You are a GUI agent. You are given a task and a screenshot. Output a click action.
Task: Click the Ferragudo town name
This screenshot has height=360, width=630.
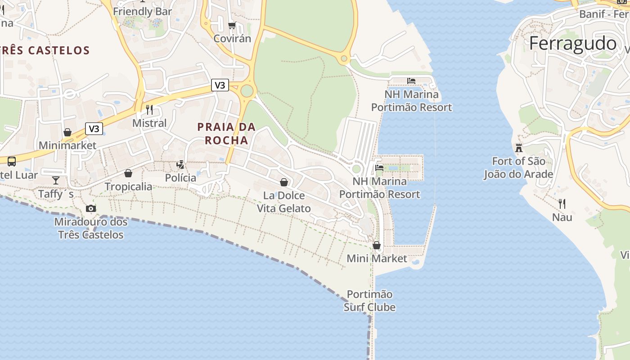[x=573, y=44]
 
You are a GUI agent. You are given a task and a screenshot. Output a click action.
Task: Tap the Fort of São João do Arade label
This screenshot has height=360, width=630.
[x=518, y=167]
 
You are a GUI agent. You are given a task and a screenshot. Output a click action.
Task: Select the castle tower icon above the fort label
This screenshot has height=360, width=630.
[x=519, y=148]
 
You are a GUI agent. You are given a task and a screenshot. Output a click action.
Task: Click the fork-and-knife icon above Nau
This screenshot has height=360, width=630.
[x=562, y=204]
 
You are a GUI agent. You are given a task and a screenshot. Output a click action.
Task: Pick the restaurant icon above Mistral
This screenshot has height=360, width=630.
[x=149, y=109]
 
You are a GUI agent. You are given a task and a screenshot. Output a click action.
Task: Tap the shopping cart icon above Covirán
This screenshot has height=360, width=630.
[x=232, y=26]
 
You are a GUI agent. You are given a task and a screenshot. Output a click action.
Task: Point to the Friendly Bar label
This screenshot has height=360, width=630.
[x=143, y=11]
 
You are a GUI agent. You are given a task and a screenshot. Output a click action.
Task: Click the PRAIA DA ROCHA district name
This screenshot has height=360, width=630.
[x=226, y=134]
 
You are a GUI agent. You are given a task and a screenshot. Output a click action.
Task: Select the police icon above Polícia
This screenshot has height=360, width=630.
[x=180, y=165]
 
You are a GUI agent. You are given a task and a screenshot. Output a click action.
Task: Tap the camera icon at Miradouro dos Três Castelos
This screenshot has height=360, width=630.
[x=91, y=208]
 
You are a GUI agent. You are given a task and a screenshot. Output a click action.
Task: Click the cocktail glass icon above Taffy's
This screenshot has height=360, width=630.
[x=56, y=180]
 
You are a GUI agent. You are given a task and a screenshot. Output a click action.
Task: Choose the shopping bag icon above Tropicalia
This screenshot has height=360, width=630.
[x=128, y=173]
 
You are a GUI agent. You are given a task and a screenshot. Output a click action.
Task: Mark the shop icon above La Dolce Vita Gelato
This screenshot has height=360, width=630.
[x=284, y=182]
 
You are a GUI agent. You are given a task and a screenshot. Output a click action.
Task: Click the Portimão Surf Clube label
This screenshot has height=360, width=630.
[x=369, y=301]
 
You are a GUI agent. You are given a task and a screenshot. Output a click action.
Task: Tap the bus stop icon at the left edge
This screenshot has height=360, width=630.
[x=12, y=161]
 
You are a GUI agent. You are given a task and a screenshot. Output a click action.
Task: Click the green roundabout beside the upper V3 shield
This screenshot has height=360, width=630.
[x=247, y=91]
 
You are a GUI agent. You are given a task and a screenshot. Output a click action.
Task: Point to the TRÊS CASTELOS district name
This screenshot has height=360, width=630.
[x=45, y=50]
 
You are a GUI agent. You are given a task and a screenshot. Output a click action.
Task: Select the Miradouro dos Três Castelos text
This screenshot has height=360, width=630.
[x=91, y=228]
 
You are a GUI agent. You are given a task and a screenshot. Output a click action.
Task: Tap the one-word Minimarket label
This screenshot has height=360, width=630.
[x=67, y=145]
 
